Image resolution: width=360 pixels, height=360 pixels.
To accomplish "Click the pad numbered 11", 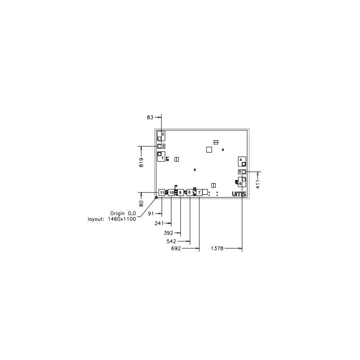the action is [162, 192].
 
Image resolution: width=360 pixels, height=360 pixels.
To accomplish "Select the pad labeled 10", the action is [171, 192].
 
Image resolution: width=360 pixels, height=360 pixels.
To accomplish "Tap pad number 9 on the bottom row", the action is [180, 192].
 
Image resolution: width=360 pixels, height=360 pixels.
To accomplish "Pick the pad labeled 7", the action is [199, 192].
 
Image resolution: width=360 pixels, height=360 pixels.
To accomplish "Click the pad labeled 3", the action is [161, 135].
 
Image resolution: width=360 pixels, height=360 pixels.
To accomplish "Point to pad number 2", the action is [161, 146].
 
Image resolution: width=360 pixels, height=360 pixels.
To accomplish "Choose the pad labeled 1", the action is [161, 156].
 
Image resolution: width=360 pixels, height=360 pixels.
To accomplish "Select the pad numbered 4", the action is [242, 161].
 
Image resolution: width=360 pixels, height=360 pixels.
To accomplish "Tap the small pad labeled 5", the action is [242, 171].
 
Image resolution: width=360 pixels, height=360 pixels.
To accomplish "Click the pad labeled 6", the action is [242, 182].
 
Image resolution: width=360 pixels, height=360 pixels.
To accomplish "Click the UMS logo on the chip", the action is [239, 194].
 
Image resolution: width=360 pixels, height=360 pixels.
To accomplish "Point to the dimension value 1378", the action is [218, 248].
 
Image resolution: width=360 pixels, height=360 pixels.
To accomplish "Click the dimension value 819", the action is [141, 162].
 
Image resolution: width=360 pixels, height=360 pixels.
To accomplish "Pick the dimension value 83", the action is [150, 117].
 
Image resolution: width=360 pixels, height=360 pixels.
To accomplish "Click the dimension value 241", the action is [159, 223].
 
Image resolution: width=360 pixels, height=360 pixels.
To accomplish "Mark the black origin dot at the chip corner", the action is [156, 197].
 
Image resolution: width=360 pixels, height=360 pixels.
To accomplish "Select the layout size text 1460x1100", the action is [122, 219].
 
